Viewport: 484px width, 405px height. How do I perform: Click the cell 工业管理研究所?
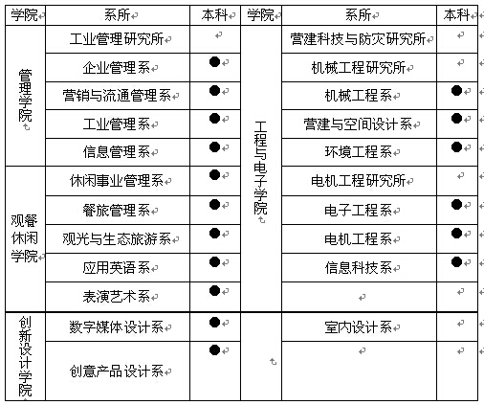point(117,39)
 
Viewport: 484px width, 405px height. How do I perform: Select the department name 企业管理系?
point(117,67)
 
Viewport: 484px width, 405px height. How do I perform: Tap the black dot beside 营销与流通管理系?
point(214,90)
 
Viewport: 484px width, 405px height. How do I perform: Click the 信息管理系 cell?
point(117,152)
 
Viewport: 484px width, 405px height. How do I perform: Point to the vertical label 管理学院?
point(25,96)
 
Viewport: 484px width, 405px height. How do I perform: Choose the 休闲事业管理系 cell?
point(117,181)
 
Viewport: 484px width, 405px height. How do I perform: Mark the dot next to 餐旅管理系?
point(214,204)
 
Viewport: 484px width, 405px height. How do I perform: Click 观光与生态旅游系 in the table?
point(117,239)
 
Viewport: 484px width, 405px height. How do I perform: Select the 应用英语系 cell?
point(117,268)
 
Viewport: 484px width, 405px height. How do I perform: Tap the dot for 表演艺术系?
point(214,290)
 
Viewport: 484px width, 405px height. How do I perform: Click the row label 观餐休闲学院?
point(24,238)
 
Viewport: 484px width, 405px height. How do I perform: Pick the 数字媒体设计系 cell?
point(117,327)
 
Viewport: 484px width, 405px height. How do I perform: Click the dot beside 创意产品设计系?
point(214,349)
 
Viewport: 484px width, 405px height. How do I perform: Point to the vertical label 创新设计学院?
point(25,356)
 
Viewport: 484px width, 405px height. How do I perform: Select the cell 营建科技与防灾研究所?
point(358,39)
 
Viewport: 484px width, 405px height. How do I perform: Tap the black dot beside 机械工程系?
point(456,90)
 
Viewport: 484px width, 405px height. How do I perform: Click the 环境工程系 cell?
point(359,152)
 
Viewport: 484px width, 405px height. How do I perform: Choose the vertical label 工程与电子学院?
point(260,168)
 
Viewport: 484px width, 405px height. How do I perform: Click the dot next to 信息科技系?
point(456,262)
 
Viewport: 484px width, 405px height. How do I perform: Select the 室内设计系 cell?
point(359,327)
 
